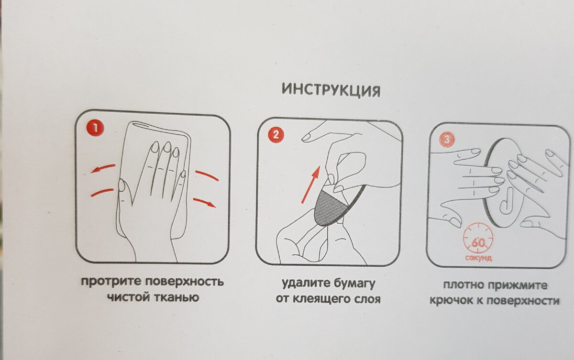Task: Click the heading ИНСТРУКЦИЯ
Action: click(x=331, y=90)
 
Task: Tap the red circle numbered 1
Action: click(x=95, y=128)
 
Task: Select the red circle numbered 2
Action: click(x=276, y=135)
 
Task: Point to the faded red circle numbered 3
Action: click(x=447, y=140)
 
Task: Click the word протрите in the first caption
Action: click(x=111, y=282)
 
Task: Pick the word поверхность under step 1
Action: click(x=185, y=282)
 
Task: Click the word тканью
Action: click(x=177, y=297)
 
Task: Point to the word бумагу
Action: click(x=354, y=284)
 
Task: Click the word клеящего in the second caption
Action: click(x=325, y=299)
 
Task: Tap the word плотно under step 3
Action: click(x=464, y=285)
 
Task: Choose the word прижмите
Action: click(x=518, y=285)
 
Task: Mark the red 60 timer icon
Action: click(x=478, y=239)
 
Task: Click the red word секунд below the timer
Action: click(x=478, y=258)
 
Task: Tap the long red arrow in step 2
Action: click(x=311, y=185)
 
